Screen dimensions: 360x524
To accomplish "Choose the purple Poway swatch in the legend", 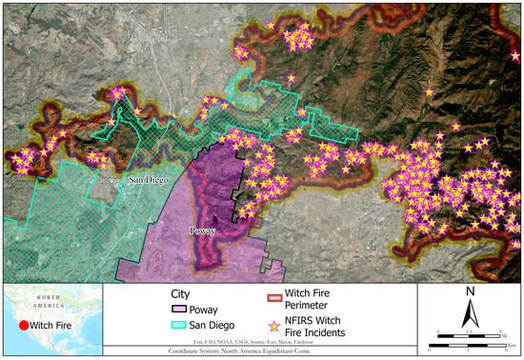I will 179,310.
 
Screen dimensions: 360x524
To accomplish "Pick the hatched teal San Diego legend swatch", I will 179,329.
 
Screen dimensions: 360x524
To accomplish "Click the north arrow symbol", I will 471,312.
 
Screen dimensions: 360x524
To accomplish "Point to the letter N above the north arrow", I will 471,291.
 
